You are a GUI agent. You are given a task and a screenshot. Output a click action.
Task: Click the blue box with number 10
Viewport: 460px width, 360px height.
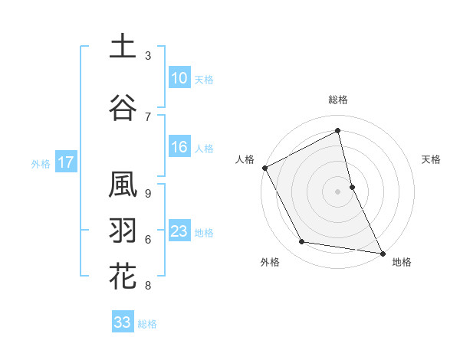coord(179,79)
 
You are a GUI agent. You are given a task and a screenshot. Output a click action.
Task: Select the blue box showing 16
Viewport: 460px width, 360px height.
coord(179,148)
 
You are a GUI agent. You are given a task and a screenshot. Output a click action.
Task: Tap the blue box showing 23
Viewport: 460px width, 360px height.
coord(179,231)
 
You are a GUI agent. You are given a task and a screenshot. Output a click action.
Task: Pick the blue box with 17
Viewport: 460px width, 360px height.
coord(65,162)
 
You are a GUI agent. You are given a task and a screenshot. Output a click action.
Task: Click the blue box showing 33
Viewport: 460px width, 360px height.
coord(122,322)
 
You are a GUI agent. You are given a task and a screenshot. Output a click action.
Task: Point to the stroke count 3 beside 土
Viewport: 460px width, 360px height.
coord(148,56)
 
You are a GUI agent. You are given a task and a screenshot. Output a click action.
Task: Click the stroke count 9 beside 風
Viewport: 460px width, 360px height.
coord(148,194)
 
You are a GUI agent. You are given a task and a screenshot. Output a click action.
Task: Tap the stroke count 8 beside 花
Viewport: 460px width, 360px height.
coord(148,286)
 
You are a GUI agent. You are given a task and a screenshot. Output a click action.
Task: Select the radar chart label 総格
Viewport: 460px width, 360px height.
coord(338,100)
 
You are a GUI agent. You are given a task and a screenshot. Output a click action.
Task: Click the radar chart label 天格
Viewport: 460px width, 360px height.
coord(432,159)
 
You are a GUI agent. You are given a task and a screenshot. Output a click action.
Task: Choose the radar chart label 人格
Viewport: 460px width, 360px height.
coord(245,159)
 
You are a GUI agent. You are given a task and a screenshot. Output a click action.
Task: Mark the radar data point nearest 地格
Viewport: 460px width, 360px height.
coord(383,253)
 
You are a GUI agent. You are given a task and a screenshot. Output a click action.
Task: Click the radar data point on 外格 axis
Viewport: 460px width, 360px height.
coord(302,242)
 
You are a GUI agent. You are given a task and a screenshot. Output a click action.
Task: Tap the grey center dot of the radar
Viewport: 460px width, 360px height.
coord(338,191)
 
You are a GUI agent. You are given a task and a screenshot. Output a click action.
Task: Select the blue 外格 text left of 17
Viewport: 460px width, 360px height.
coord(41,163)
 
